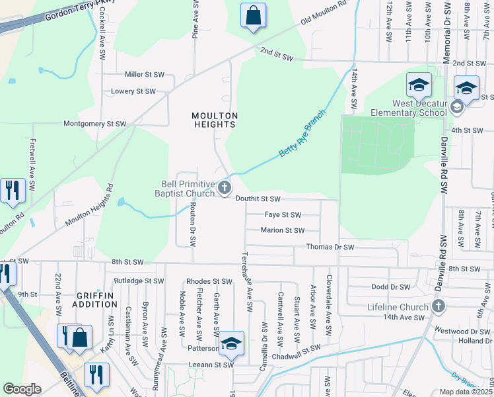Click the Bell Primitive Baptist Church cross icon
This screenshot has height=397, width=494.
(x=225, y=189)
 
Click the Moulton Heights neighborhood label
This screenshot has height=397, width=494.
(x=214, y=120)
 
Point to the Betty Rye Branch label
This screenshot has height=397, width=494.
(x=302, y=133)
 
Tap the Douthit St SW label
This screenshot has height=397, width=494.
(x=258, y=198)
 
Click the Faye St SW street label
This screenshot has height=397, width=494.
(x=283, y=215)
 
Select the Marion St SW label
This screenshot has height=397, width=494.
(x=282, y=231)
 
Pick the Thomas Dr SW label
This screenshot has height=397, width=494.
(x=330, y=247)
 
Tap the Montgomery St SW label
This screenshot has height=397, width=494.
(x=94, y=124)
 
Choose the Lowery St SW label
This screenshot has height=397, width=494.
(x=133, y=91)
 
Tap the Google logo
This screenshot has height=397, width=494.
(x=22, y=389)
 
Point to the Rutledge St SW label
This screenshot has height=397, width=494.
(x=139, y=281)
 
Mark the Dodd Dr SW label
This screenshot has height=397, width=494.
(x=391, y=287)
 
